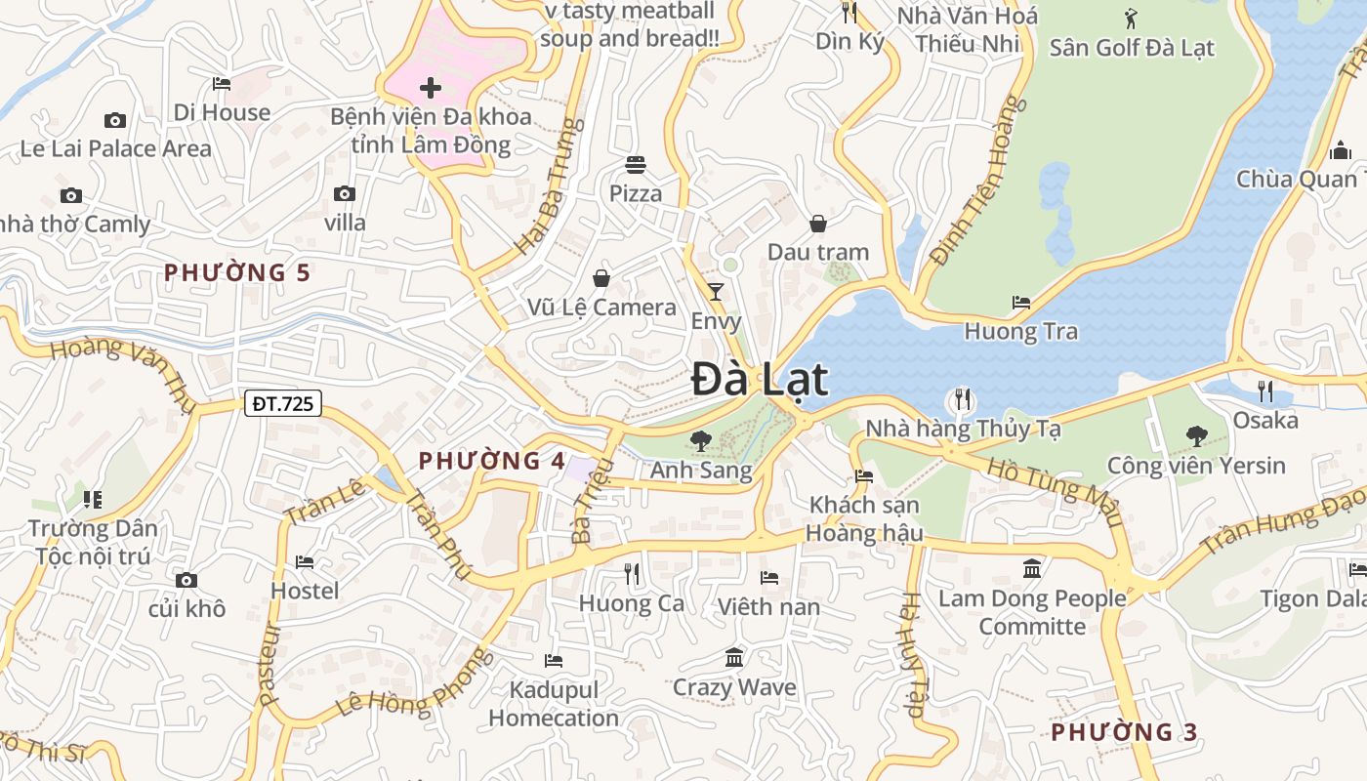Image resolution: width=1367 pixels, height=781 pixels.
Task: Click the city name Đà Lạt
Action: pos(760,380)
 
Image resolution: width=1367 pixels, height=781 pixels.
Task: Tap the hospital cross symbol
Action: pos(430,88)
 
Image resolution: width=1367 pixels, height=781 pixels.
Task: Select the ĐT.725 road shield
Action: pos(282,402)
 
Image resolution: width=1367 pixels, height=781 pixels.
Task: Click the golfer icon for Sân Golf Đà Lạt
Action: pos(1131,18)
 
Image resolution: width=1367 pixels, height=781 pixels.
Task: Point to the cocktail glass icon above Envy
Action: pos(716,291)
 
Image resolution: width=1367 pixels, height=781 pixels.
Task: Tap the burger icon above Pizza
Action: pos(636,164)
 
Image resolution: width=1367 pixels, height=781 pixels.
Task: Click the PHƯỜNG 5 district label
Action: pos(237,272)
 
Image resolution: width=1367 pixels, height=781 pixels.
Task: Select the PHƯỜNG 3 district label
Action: pos(1124,731)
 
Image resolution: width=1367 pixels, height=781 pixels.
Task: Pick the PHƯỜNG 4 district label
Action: pos(492,461)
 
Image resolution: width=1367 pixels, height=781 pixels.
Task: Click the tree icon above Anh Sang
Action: pos(700,441)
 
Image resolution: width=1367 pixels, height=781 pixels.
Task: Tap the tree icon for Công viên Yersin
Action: pos(1196,436)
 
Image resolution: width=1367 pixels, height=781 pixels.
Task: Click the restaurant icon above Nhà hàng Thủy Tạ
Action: pos(963,399)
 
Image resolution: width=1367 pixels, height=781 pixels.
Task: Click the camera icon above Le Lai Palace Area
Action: pos(115,120)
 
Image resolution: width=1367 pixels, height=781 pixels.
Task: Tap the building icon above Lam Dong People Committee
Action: pos(1032,568)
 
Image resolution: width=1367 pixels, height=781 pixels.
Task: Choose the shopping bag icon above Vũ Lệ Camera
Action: pos(601,278)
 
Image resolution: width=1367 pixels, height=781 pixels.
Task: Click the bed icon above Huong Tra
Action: pos(1021,302)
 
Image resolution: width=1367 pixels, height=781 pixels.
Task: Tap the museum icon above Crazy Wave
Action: pos(734,657)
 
